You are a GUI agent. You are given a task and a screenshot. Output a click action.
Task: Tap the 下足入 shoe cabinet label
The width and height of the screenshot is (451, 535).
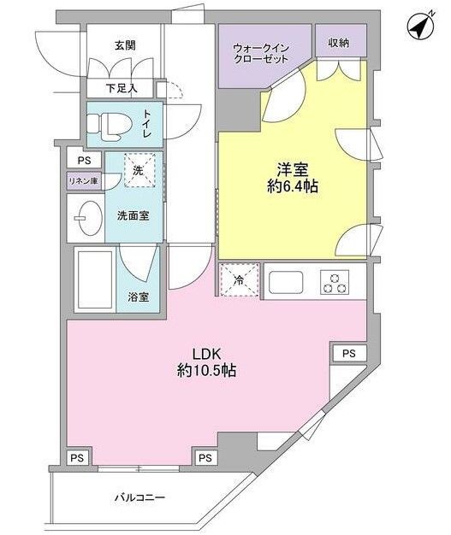coord(120,87)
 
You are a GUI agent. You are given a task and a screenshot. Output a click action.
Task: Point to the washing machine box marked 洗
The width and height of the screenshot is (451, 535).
coord(136,169)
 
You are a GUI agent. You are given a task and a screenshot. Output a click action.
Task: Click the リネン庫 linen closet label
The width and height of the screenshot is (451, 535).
coord(84,180)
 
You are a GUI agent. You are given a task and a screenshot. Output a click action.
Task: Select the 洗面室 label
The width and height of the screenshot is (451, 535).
coord(133,215)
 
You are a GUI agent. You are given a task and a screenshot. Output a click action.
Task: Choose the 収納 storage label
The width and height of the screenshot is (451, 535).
coord(337,42)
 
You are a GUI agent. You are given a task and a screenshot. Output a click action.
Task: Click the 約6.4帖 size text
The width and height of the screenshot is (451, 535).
coord(291,186)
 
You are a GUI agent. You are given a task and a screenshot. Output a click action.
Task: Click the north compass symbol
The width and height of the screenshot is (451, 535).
coord(418,28)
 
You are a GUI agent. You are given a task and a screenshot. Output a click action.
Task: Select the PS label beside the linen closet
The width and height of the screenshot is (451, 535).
coord(83,161)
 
